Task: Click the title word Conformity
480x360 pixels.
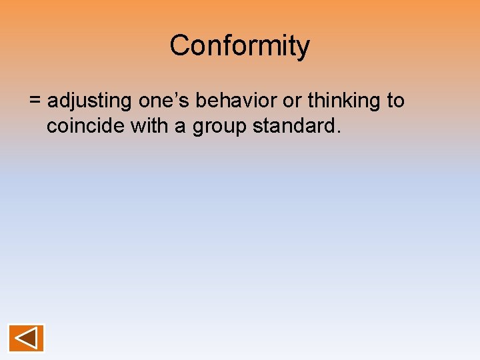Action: [239, 46]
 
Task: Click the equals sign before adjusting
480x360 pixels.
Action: [35, 101]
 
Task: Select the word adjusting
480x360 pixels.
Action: [90, 102]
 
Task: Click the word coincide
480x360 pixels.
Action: [86, 125]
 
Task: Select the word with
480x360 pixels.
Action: [149, 125]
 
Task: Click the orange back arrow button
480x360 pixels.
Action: [26, 338]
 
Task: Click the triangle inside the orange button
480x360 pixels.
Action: [26, 338]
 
